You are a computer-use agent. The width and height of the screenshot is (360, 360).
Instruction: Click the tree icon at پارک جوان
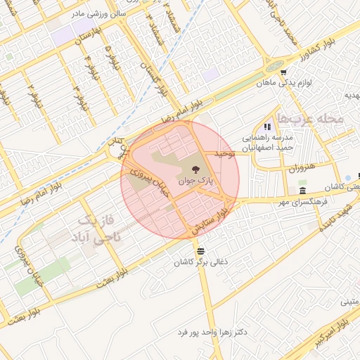195,169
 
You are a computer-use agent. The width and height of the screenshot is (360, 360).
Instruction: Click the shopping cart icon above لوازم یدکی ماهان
283,72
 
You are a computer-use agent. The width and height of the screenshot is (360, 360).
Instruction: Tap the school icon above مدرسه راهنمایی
267,127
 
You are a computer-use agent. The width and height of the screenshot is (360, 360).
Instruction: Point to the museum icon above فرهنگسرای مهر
302,191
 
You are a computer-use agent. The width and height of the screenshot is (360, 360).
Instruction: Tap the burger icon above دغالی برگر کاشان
202,250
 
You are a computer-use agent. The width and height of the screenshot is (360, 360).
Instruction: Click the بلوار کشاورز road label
300,54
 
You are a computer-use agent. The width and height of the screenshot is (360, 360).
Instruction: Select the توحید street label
223,153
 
